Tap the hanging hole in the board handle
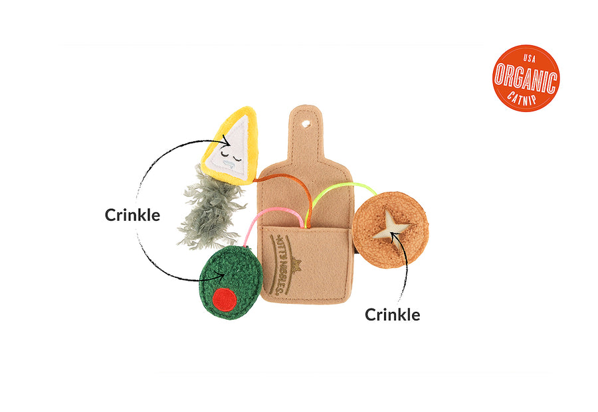(306, 123)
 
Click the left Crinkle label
(132, 216)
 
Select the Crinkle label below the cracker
(392, 314)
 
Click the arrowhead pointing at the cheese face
(227, 140)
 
